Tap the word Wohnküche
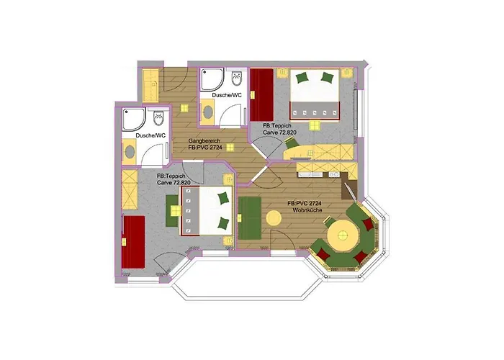click(x=303, y=210)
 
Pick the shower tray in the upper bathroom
click(x=212, y=81)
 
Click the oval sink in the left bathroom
click(x=132, y=151)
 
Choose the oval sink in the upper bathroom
click(x=208, y=110)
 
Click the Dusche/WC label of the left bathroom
click(x=150, y=135)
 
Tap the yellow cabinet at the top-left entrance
click(x=151, y=86)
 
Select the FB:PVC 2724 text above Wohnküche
click(x=303, y=203)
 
